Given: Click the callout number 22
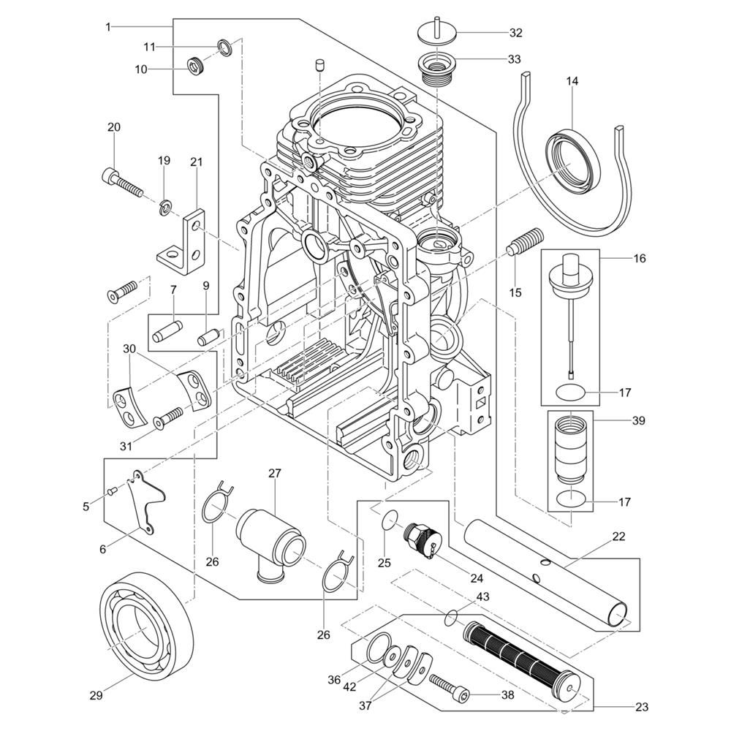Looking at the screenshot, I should (x=618, y=536).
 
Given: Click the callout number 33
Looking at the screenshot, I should (x=514, y=58).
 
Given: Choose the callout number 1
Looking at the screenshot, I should (x=108, y=27).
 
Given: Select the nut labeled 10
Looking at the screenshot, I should (x=195, y=66).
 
